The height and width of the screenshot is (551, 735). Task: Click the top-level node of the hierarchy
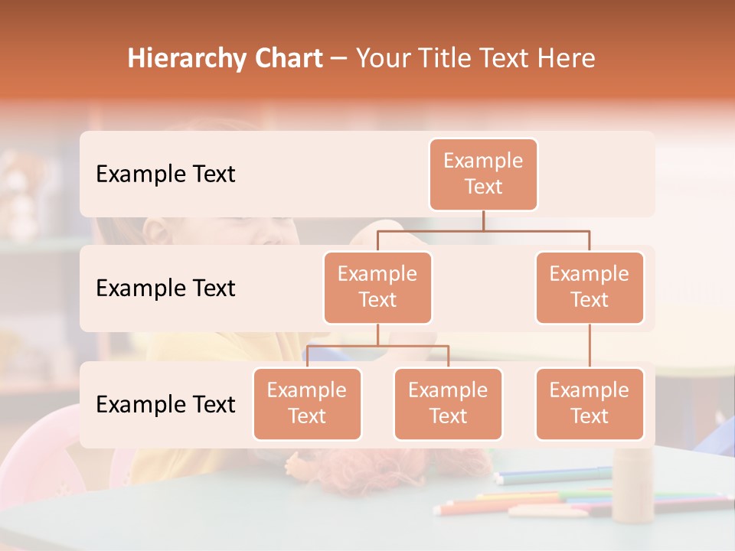(483, 174)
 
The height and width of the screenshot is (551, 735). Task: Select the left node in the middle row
(377, 287)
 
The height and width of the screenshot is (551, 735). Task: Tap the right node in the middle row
(590, 287)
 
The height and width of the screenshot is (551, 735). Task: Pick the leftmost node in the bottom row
(307, 403)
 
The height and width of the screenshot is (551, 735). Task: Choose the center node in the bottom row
(448, 403)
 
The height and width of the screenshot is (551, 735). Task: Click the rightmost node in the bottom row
(590, 403)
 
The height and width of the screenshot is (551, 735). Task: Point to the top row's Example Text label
(165, 174)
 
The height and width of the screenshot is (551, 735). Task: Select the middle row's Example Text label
(165, 289)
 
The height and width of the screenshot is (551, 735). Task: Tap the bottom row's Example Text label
(165, 404)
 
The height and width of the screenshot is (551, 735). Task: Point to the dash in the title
(338, 60)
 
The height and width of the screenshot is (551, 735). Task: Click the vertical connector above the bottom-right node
(590, 346)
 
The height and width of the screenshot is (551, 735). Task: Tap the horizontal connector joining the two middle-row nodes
(483, 230)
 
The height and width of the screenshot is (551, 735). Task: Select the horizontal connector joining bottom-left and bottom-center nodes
(377, 346)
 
